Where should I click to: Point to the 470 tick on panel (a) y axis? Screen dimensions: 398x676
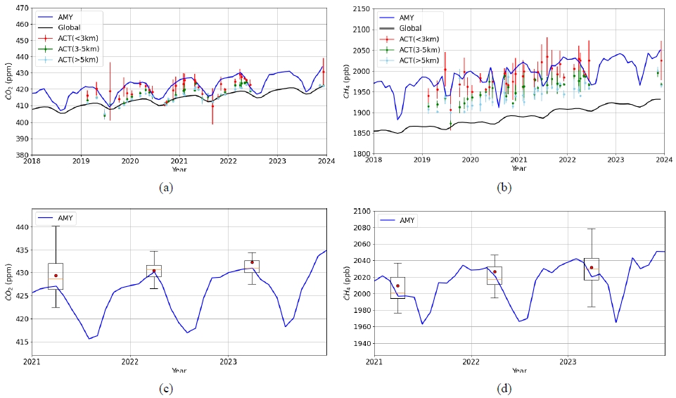[x=21, y=8]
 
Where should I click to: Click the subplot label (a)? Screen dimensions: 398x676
[x=166, y=186]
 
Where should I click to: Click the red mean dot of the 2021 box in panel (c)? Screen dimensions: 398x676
[x=56, y=276]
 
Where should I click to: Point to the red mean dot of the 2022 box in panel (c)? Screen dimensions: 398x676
[x=153, y=271]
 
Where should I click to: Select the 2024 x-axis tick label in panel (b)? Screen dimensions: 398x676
[x=664, y=160]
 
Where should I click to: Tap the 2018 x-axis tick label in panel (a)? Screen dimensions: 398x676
[x=32, y=160]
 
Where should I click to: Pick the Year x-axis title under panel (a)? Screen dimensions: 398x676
[x=179, y=169]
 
